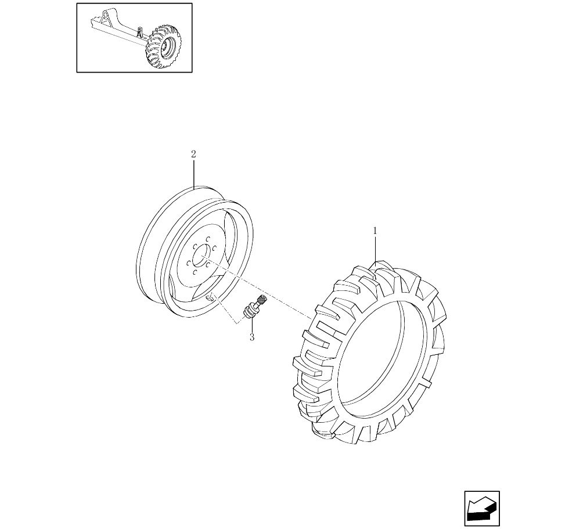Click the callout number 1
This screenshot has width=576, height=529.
pos(375,231)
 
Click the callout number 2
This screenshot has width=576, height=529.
pos(193,154)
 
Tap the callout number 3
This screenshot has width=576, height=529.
pos(251,337)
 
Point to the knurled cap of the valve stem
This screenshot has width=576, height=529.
pos(262,300)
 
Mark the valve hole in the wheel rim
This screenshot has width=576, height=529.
pos(211,297)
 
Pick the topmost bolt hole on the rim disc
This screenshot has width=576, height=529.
pos(207,239)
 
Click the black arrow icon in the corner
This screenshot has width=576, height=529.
pos(482,508)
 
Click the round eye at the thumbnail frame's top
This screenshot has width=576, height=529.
pos(106,15)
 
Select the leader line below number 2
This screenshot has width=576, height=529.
pos(193,174)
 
